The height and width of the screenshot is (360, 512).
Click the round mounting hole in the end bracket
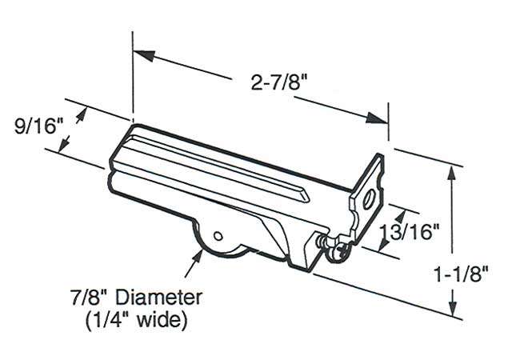coord(370,198)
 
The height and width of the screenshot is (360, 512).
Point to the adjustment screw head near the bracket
coord(341,250)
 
